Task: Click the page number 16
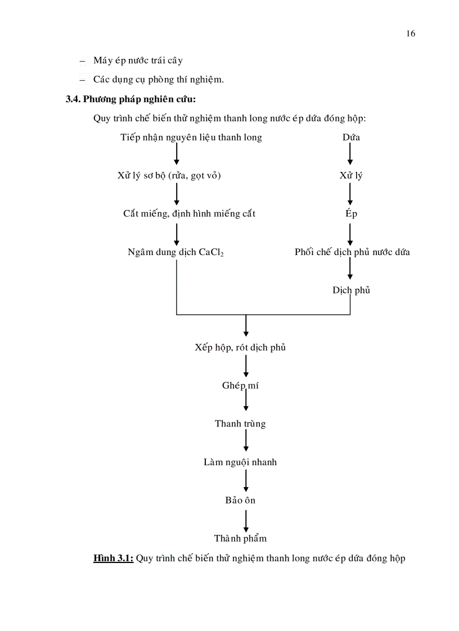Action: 410,34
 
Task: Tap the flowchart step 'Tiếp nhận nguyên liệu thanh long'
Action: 191,137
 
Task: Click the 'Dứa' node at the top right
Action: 351,137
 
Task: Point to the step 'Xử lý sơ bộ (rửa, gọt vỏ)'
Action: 169,175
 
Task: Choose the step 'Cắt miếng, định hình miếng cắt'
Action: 189,214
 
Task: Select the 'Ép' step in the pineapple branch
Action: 351,214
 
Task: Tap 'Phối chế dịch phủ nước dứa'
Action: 352,252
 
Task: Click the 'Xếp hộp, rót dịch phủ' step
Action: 240,347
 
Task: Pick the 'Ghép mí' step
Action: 240,385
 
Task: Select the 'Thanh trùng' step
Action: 240,424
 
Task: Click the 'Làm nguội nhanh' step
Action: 240,462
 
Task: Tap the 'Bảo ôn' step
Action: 240,500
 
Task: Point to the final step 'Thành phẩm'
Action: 240,538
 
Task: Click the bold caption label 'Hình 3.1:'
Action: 113,559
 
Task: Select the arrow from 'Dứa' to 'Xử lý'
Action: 350,155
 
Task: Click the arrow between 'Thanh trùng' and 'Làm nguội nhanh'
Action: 246,442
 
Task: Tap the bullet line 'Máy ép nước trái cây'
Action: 138,60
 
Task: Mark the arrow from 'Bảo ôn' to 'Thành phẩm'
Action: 246,519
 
